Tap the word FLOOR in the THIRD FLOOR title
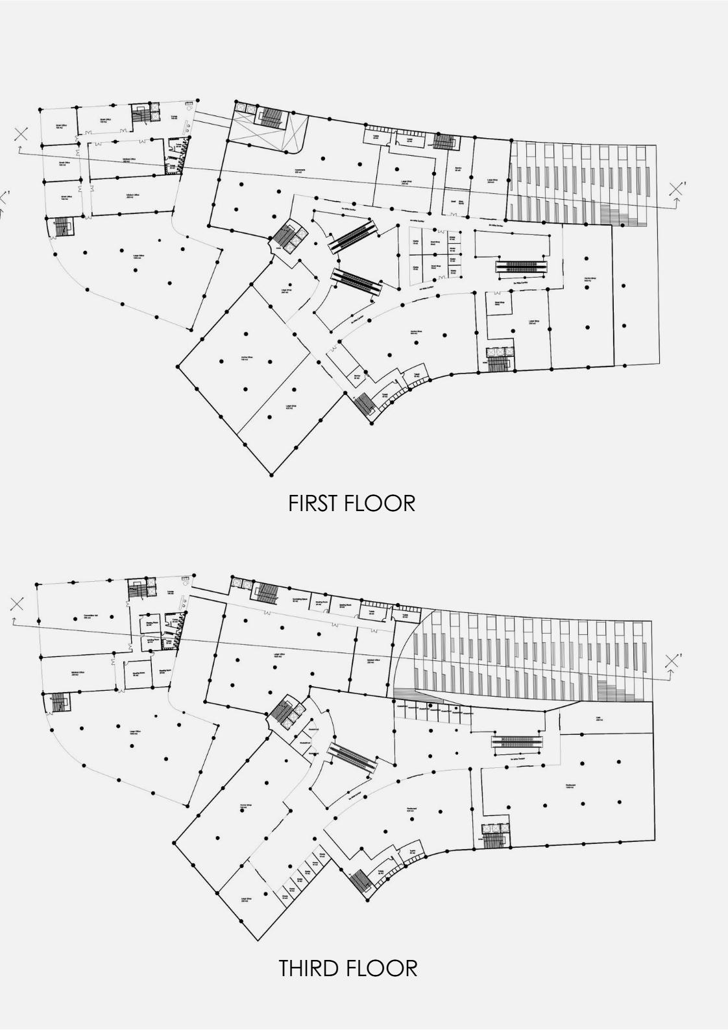382,968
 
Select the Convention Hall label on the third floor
90,617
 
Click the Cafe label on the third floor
598,719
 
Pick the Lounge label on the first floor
175,117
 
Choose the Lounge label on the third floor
171,592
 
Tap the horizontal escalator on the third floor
517,739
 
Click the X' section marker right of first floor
677,188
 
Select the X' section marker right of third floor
672,661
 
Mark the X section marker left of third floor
17,605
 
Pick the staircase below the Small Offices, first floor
62,226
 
